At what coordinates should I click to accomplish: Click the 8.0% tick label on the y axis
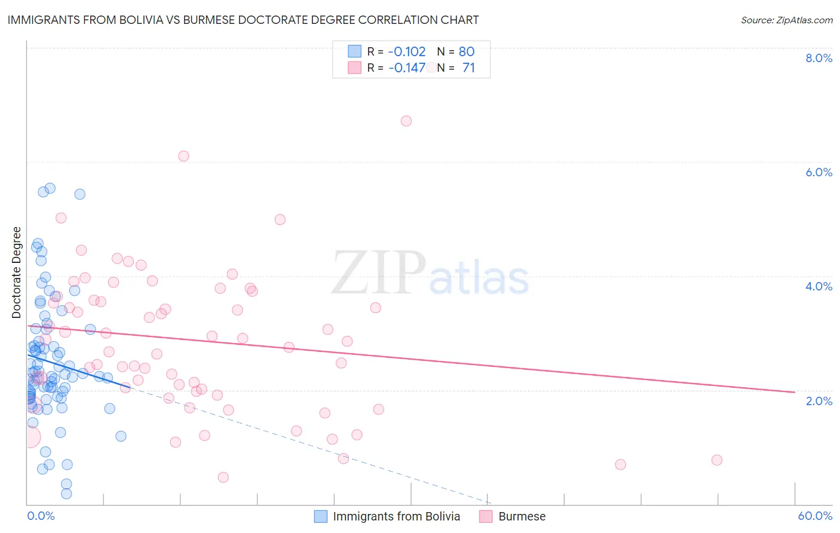click(818, 58)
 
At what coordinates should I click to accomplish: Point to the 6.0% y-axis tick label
click(818, 172)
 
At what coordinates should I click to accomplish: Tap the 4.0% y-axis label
click(818, 286)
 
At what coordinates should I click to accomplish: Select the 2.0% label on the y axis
click(818, 401)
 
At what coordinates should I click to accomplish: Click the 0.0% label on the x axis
click(41, 516)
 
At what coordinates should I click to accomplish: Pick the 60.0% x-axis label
click(815, 516)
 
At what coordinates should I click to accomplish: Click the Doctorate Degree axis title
click(17, 272)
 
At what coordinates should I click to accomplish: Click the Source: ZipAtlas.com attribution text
click(786, 20)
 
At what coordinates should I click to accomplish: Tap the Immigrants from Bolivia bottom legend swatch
click(321, 516)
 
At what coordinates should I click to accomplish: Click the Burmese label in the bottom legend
click(522, 516)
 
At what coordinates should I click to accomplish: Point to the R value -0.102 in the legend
click(407, 51)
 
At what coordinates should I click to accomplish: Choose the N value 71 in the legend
click(468, 68)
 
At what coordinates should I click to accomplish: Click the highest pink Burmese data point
click(406, 121)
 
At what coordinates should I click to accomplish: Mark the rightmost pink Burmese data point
click(717, 460)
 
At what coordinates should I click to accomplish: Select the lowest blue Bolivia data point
click(66, 494)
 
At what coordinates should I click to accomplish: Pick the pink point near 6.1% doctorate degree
click(183, 156)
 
